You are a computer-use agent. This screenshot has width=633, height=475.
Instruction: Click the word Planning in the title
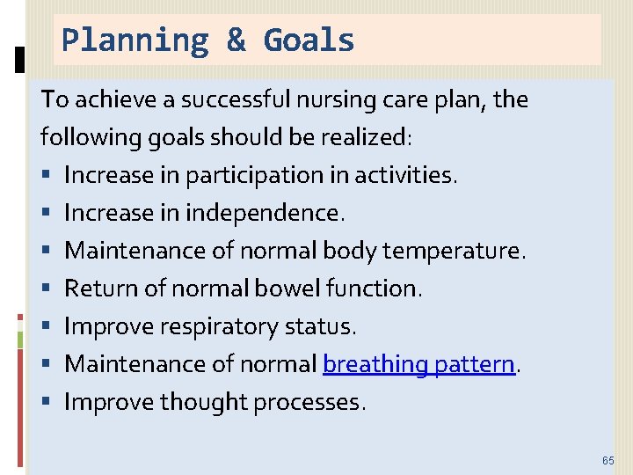pos(134,40)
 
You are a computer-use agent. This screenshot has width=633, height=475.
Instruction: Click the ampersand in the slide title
pos(236,40)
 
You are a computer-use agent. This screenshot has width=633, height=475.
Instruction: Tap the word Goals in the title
pos(309,40)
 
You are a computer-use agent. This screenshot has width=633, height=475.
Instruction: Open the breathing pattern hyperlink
pos(418,364)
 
